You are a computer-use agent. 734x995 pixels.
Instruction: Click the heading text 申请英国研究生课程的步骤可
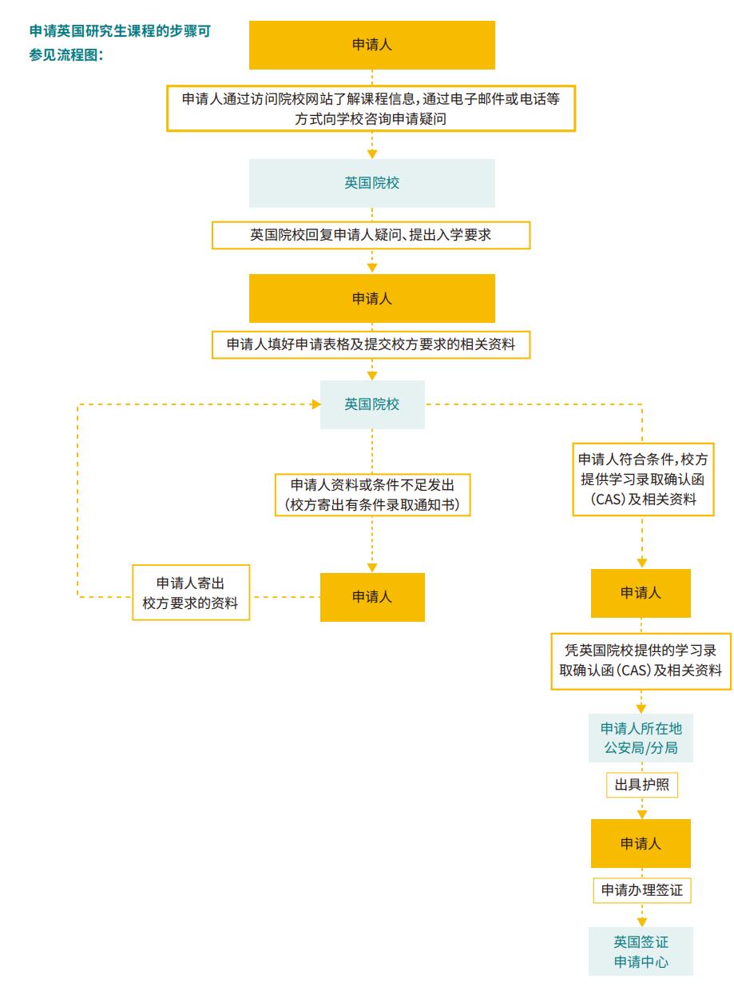[x=124, y=30]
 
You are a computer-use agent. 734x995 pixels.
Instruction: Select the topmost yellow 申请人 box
[x=372, y=46]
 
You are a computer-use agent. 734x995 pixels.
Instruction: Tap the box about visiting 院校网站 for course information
[x=372, y=108]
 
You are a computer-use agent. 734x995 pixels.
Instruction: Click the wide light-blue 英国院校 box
[x=372, y=183]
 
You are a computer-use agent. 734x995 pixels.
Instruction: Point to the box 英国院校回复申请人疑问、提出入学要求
[x=372, y=235]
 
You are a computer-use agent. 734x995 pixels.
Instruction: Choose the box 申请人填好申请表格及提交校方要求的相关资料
[x=372, y=344]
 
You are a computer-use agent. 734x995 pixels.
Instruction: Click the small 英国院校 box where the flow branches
[x=372, y=404]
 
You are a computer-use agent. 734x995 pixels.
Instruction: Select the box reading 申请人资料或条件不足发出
[x=372, y=496]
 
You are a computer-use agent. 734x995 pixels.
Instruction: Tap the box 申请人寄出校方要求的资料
[x=191, y=593]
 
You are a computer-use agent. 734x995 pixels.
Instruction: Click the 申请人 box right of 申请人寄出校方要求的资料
[x=372, y=597]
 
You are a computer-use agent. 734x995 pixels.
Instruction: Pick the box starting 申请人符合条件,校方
[x=642, y=480]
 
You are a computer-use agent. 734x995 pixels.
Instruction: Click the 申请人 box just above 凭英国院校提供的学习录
[x=641, y=593]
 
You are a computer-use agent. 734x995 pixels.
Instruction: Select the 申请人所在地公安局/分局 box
[x=641, y=738]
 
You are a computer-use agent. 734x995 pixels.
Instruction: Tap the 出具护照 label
[x=641, y=786]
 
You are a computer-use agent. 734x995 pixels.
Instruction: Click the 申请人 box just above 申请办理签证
[x=641, y=843]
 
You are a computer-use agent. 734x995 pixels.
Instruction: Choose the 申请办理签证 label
[x=641, y=890]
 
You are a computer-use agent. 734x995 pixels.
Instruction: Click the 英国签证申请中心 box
[x=641, y=951]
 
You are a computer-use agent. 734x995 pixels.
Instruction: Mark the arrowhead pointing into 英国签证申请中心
[x=641, y=920]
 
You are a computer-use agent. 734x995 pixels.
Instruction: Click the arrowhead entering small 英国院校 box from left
[x=313, y=404]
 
